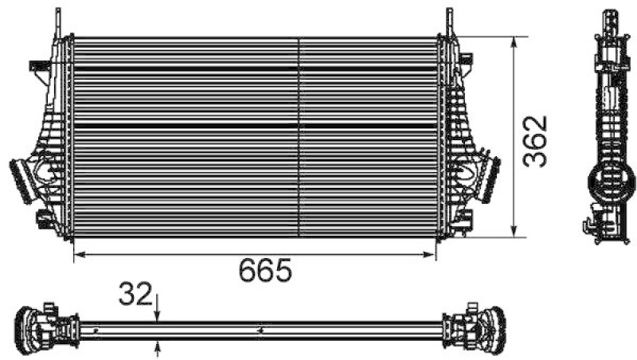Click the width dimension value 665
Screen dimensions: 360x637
pos(266,272)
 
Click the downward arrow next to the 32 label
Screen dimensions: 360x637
pos(158,315)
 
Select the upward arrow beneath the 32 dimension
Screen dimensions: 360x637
pos(158,346)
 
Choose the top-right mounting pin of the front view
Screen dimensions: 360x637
pos(449,18)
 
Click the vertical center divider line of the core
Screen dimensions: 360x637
pos(299,137)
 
